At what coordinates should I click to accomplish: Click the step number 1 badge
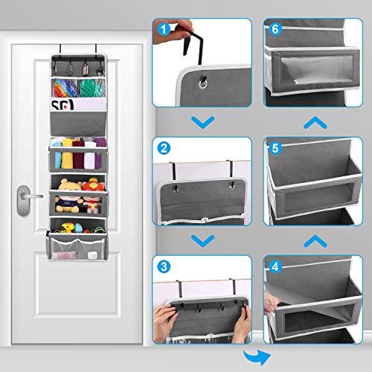[x=161, y=31]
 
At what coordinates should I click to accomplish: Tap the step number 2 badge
[x=161, y=149]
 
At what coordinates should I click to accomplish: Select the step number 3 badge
[x=161, y=266]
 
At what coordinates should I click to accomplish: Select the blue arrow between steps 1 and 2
[x=197, y=121]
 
